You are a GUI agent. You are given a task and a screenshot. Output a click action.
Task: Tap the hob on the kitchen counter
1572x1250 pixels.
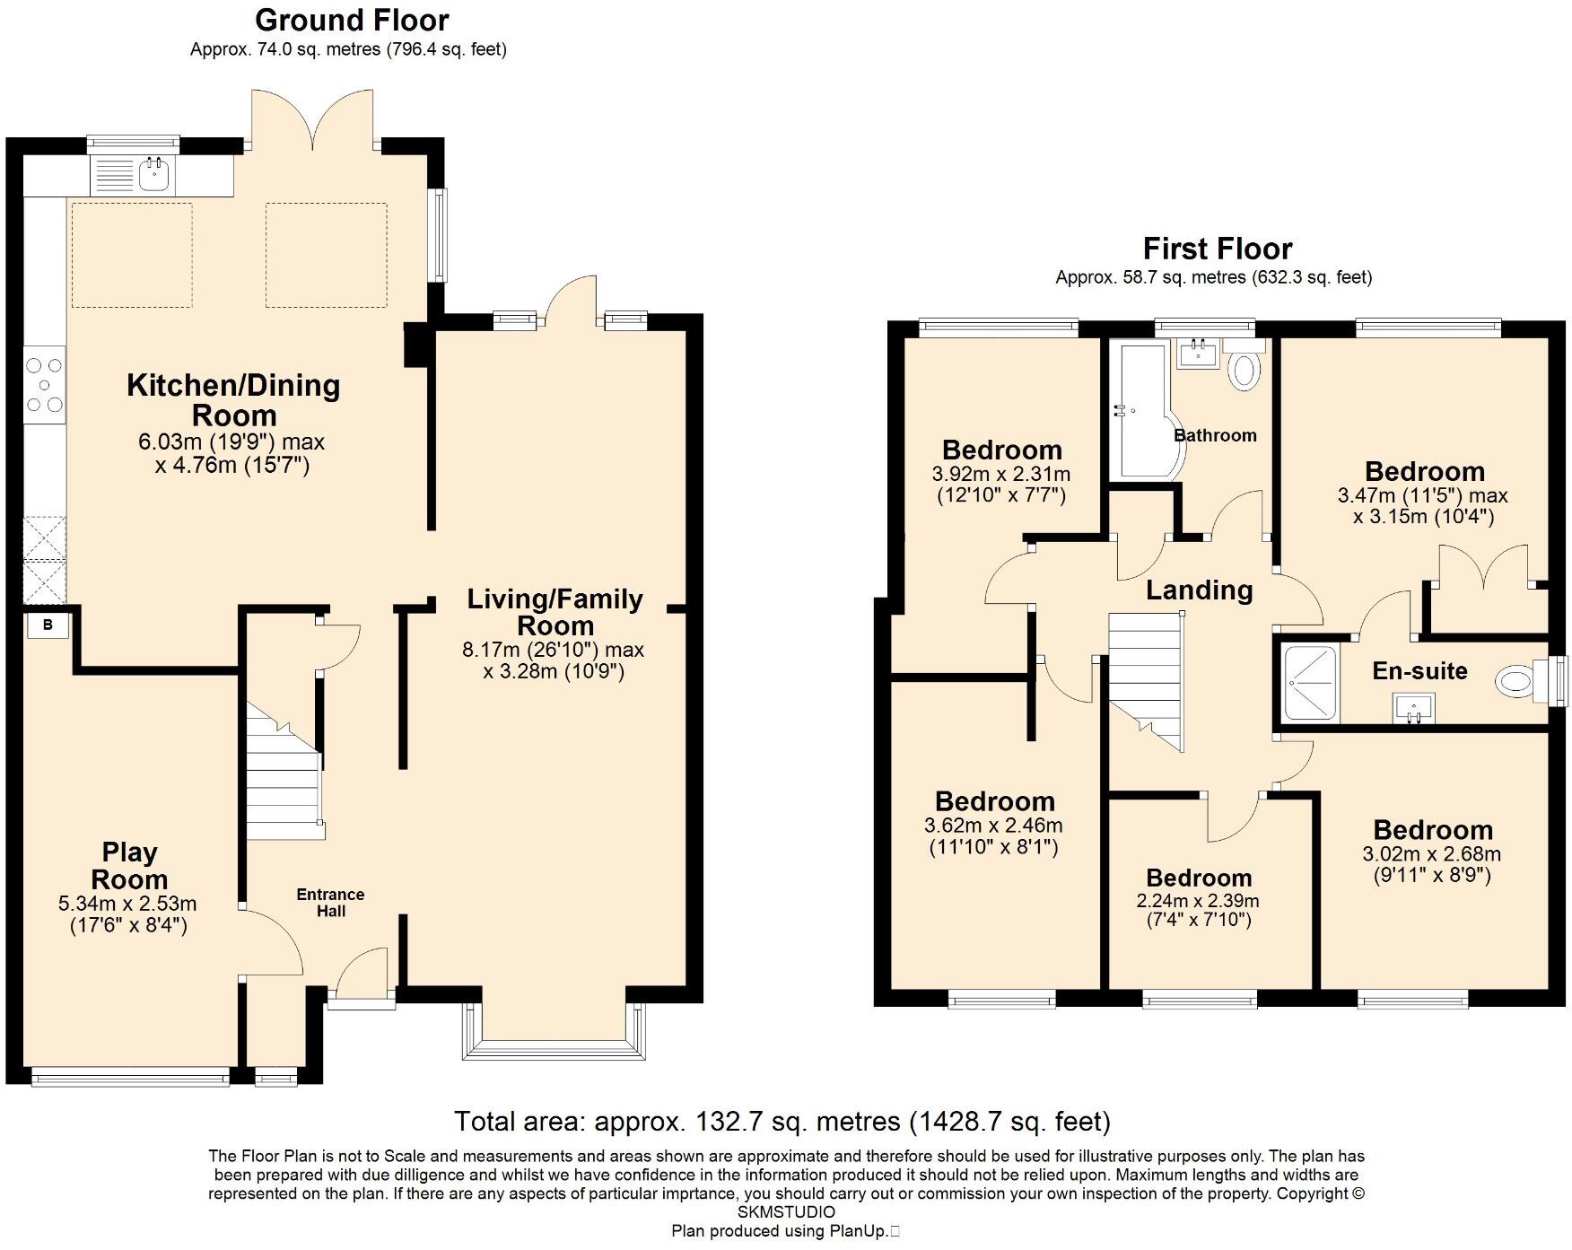(44, 385)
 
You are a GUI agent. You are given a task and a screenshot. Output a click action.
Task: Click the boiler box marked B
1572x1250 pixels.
(48, 625)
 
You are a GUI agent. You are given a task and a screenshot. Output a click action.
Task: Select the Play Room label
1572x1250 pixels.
(129, 866)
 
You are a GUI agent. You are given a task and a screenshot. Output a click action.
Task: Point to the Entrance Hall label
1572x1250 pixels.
(330, 903)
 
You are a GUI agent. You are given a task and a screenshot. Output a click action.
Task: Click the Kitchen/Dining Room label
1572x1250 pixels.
(233, 400)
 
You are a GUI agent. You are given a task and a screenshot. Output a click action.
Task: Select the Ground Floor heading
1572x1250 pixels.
(352, 20)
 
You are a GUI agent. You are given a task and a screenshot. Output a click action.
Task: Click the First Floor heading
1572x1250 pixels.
(1217, 249)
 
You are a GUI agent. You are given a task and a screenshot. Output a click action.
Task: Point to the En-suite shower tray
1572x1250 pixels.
(1310, 684)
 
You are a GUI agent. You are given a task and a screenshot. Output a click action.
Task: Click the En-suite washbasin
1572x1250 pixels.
(1413, 708)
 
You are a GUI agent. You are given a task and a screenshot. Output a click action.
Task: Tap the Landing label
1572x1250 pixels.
(1199, 590)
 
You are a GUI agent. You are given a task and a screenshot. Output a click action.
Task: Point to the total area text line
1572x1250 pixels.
(782, 1121)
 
